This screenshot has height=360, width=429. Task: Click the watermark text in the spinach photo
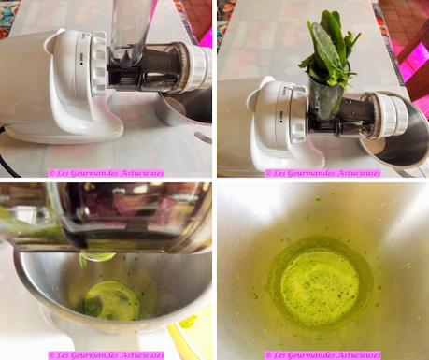click(x=322, y=172)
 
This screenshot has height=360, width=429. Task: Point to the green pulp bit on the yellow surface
click(x=188, y=323)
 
